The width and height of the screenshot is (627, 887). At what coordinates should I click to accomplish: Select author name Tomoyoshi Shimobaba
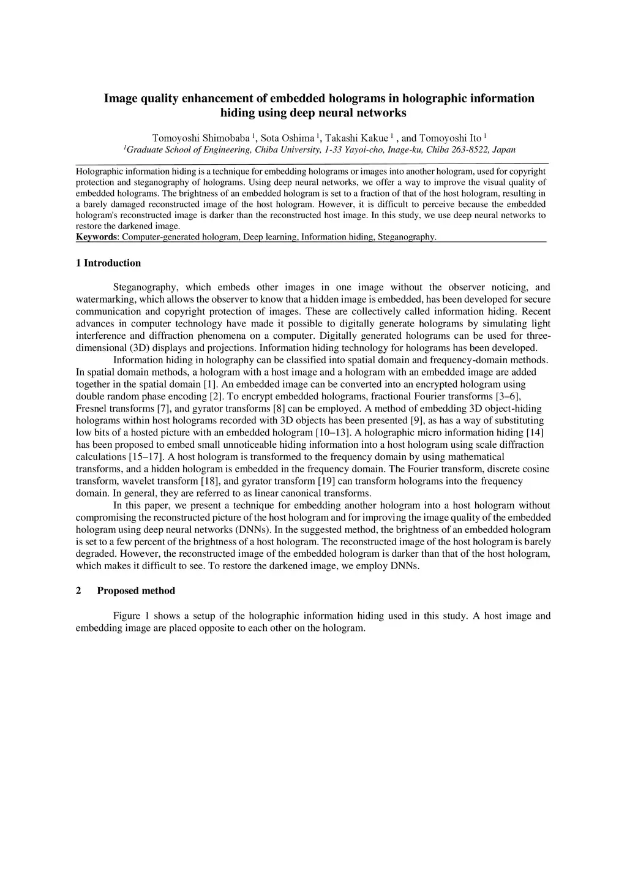click(201, 138)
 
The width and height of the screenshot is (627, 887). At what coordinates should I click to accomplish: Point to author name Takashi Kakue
click(356, 138)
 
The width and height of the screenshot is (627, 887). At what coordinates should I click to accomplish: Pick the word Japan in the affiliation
click(504, 149)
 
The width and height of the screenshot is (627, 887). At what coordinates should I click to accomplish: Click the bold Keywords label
click(96, 237)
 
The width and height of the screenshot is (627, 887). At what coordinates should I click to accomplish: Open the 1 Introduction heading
click(108, 263)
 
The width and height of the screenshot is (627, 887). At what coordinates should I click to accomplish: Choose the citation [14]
click(535, 432)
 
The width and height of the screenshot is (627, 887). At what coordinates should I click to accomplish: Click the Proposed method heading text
click(136, 591)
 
